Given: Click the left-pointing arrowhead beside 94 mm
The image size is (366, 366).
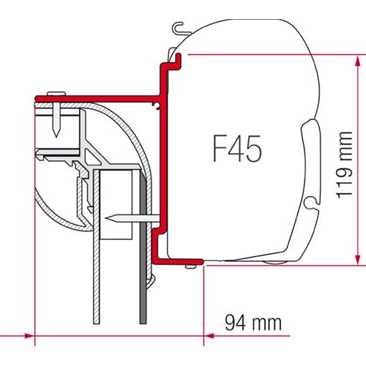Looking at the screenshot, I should coord(212,336).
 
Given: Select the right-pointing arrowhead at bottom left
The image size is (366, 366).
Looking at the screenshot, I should coord(28,336).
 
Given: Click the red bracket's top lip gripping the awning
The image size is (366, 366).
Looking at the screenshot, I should coord(173,61).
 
